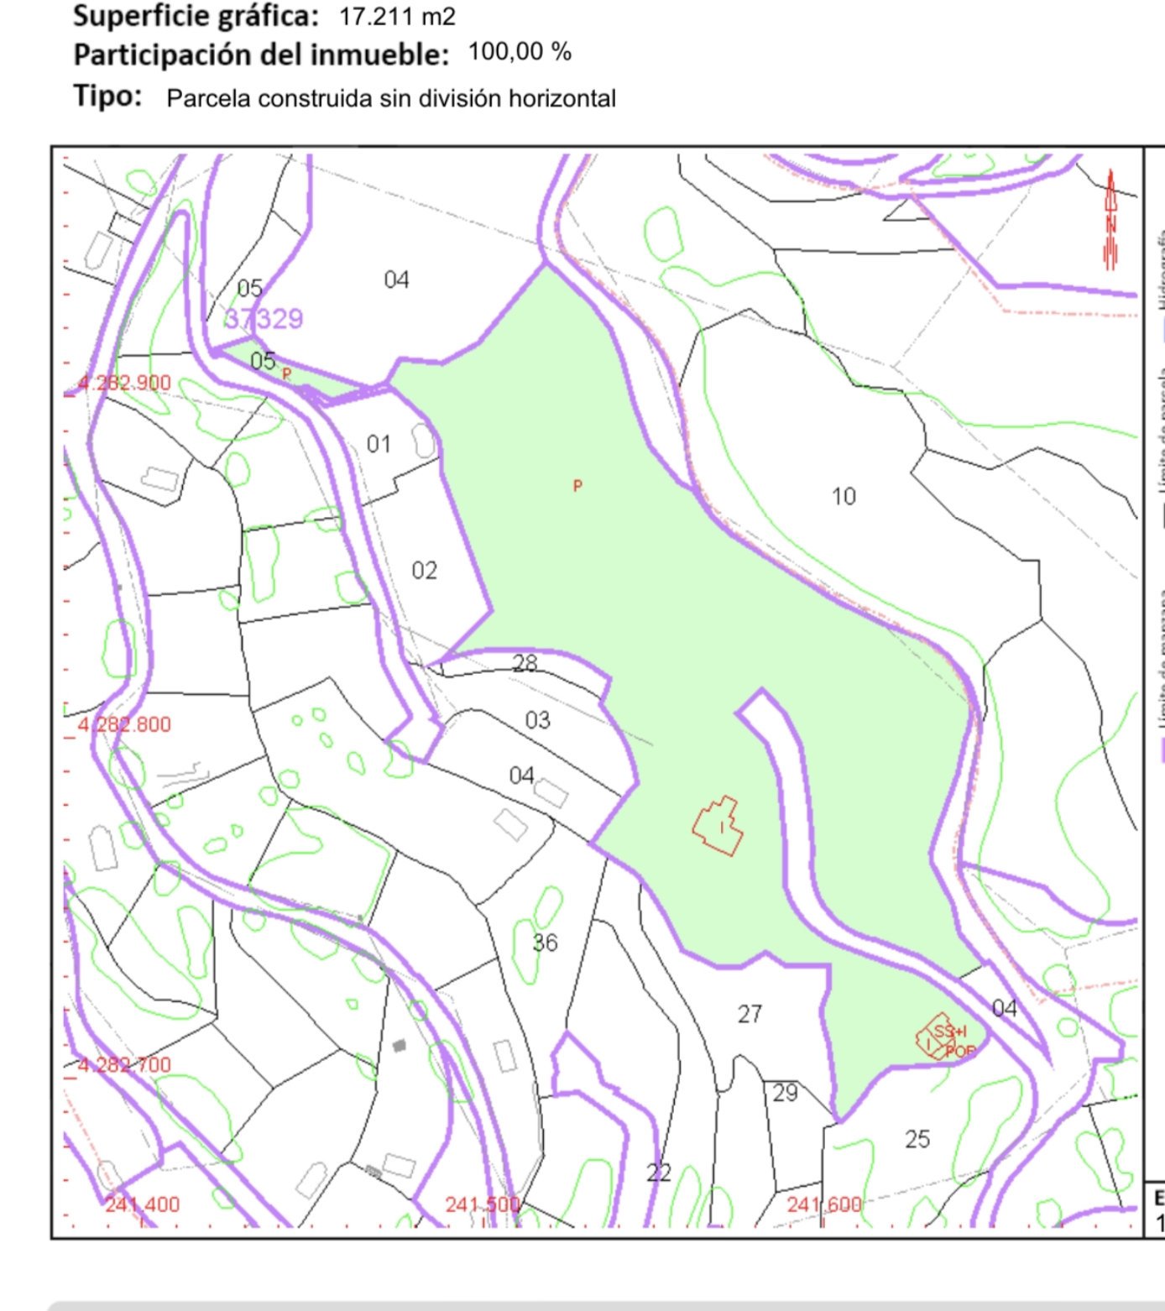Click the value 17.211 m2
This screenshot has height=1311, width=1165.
click(x=397, y=16)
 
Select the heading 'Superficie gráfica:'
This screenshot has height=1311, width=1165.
click(x=196, y=15)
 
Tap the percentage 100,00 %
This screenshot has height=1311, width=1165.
click(x=520, y=52)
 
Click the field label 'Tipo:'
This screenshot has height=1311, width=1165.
click(x=107, y=96)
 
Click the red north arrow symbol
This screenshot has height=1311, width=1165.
click(x=1110, y=220)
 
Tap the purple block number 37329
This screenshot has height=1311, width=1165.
click(x=264, y=319)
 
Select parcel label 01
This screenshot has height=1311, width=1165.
click(x=379, y=444)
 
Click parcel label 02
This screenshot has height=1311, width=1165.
click(x=424, y=571)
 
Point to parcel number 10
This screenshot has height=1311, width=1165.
click(x=844, y=497)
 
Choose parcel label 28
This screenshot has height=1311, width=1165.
click(x=525, y=663)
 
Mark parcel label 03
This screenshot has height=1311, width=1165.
click(x=537, y=720)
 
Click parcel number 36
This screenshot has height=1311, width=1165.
click(x=545, y=943)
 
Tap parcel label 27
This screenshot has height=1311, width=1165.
click(x=750, y=1015)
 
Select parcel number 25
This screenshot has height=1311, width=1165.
click(x=917, y=1139)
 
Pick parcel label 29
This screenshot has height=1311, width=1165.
click(x=785, y=1093)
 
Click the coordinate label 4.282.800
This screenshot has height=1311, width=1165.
click(x=124, y=724)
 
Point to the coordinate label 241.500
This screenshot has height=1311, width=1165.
click(x=482, y=1204)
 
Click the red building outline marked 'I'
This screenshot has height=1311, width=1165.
click(x=718, y=826)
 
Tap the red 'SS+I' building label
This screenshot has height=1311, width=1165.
click(x=949, y=1032)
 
